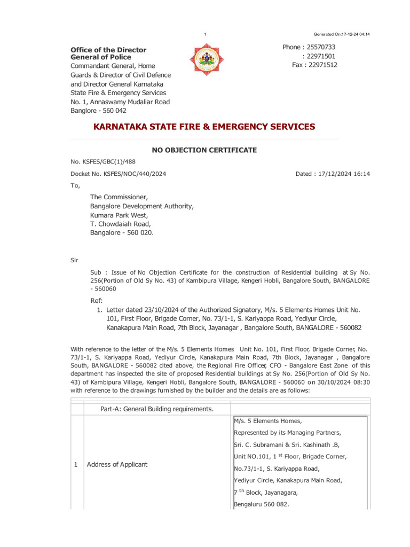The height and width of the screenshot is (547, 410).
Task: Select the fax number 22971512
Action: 322,65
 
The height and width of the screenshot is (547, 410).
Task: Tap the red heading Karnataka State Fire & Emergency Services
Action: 204,127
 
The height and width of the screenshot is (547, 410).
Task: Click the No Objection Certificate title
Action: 204,150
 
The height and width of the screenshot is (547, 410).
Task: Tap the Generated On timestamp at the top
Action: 342,34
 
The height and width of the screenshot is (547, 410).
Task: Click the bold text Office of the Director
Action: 108,50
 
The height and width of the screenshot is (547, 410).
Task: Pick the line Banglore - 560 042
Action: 99,111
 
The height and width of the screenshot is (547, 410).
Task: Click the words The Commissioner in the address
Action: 122,197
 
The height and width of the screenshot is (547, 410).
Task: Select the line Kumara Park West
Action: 119,215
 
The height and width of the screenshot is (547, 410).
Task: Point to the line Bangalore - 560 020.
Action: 122,233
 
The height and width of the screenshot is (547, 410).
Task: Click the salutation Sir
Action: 75,260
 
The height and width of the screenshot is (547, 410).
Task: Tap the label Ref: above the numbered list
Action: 97,300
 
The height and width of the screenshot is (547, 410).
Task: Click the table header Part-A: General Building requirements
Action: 157,409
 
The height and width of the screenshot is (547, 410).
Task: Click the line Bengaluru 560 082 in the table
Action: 262,504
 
